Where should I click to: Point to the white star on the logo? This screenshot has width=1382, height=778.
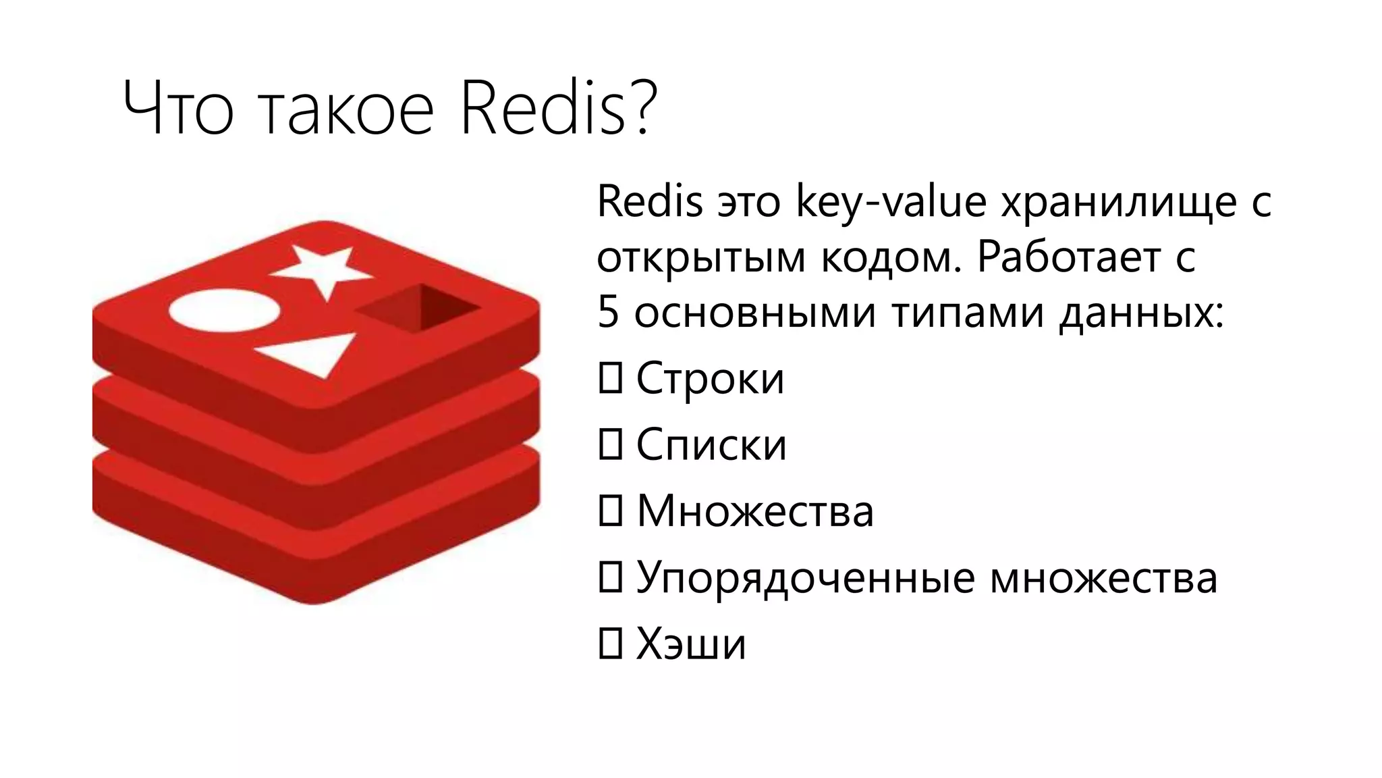(322, 270)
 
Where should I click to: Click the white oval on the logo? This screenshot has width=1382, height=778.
(223, 311)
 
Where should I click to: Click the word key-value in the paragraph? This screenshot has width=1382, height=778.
(891, 203)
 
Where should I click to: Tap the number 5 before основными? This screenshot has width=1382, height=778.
(609, 313)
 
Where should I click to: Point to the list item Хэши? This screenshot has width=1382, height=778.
(691, 644)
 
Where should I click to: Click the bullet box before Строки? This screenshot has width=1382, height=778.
(610, 378)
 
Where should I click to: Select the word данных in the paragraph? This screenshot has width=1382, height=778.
(1140, 313)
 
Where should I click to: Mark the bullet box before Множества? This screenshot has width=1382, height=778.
(610, 511)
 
